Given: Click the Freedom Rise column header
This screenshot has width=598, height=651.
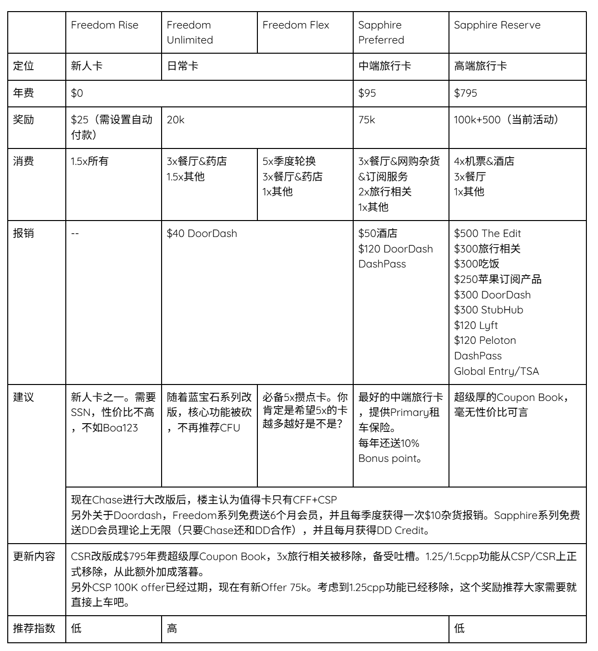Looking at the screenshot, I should click(105, 25).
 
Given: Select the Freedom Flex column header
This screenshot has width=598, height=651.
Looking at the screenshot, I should click(296, 25).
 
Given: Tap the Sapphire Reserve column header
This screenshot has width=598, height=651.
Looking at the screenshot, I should click(497, 25).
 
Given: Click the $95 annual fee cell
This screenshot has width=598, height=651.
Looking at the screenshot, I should click(367, 93).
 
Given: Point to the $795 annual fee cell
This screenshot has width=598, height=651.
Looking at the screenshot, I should click(465, 93).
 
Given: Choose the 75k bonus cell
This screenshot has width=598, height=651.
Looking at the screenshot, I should click(366, 120).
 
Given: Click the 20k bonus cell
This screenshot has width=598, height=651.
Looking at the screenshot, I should click(175, 120).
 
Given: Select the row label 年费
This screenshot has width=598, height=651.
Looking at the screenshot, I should click(23, 93).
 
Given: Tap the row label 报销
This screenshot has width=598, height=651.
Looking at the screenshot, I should click(23, 233).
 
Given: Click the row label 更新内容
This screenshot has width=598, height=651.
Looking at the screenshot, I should click(34, 556).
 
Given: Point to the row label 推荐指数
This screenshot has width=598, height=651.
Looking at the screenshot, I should click(34, 628).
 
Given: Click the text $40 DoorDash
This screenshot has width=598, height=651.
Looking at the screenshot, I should click(202, 234).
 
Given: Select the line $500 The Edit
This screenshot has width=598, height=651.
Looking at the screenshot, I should click(487, 234).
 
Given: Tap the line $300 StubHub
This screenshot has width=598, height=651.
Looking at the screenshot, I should click(488, 310).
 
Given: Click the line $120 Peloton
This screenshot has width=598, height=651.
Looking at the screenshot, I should click(485, 340).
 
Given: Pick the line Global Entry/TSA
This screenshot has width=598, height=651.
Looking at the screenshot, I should click(496, 371).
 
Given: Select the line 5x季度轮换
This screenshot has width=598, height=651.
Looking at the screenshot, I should click(289, 162).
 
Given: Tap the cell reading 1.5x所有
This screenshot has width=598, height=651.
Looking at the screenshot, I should click(90, 162).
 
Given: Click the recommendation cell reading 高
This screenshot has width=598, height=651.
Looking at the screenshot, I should click(172, 629).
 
